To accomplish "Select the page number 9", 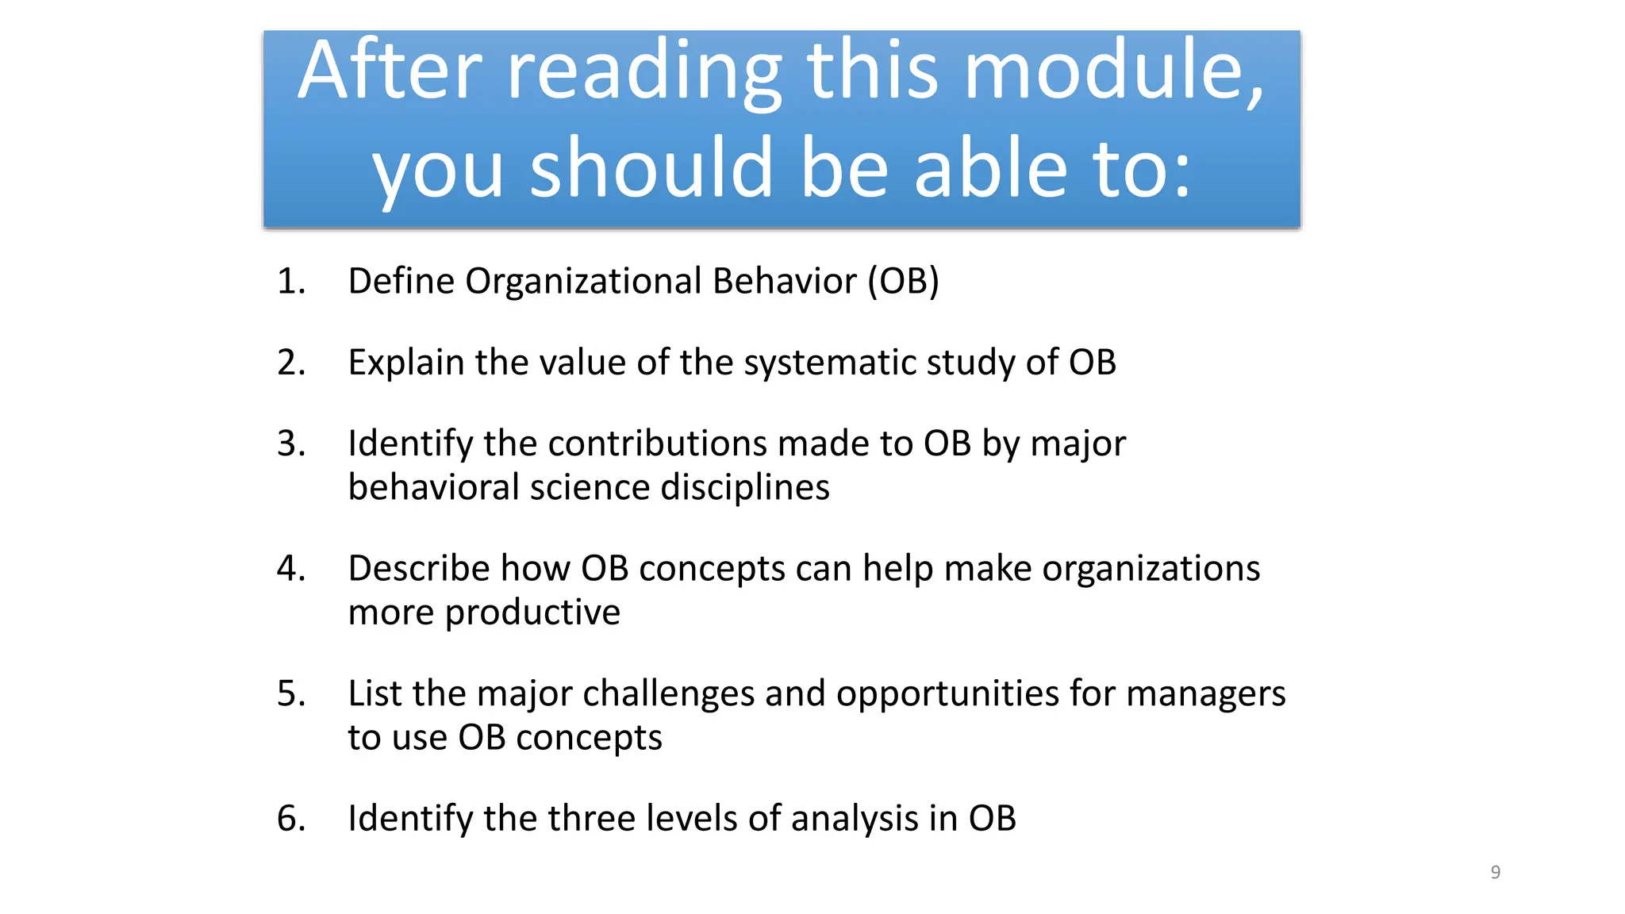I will click(1495, 872).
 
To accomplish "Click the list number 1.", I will click(290, 282).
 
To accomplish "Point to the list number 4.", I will click(290, 569).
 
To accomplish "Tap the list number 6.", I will click(290, 819).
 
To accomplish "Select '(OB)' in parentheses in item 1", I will click(903, 282).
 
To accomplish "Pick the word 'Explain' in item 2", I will click(406, 363).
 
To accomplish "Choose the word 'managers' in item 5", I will click(1205, 694).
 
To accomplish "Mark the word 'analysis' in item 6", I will click(855, 819).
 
